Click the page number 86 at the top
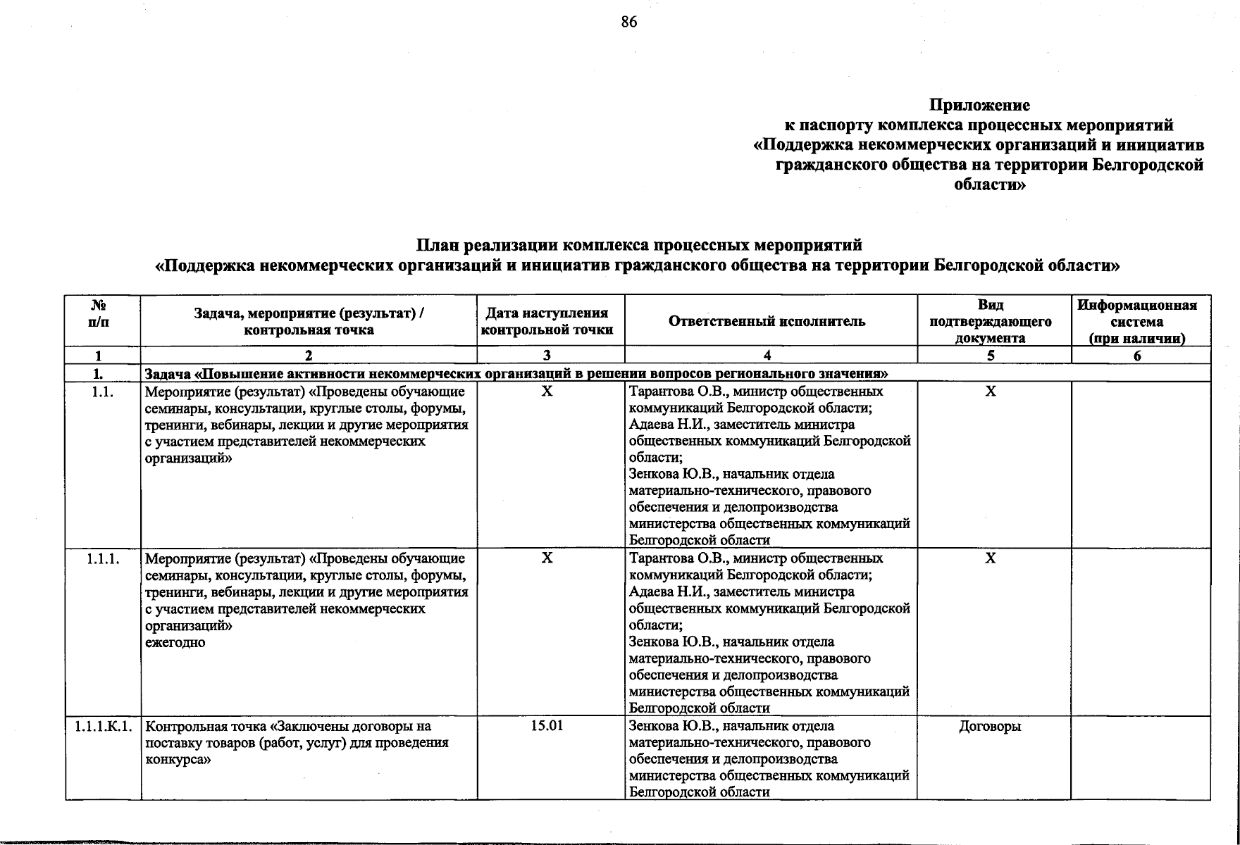[x=628, y=23]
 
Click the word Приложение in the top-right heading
[x=979, y=106]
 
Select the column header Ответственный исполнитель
[x=767, y=322]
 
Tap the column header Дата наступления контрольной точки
[x=547, y=321]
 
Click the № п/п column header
[x=99, y=313]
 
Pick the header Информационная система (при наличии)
[x=1137, y=321]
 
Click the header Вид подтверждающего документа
[x=991, y=321]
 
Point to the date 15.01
[x=547, y=726]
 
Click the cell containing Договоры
[x=990, y=726]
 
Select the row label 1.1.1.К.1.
[x=103, y=726]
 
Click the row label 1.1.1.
[x=103, y=559]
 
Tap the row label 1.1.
[x=103, y=392]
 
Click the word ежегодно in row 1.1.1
[x=175, y=642]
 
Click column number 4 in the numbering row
[x=767, y=356]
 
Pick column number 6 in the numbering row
[x=1137, y=356]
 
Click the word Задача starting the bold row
[x=168, y=373]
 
